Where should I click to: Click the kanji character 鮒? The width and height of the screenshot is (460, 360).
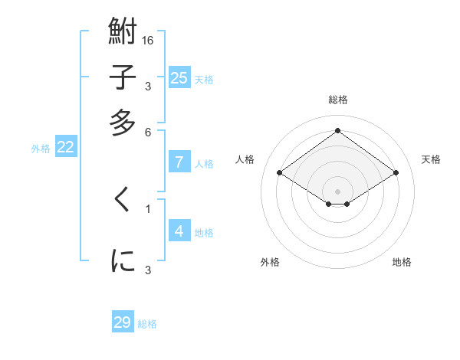(123, 33)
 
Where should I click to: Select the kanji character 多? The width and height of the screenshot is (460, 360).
(123, 123)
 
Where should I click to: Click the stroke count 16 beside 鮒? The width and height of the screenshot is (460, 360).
(149, 40)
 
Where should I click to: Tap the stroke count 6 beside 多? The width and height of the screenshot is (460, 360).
(149, 131)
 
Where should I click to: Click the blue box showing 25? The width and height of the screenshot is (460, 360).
(179, 77)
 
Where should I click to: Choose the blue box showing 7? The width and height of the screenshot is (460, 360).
(179, 162)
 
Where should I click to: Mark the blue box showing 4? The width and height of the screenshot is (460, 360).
(179, 231)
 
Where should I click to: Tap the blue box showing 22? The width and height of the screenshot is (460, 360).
(65, 147)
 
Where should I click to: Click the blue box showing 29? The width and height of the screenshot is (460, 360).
(123, 322)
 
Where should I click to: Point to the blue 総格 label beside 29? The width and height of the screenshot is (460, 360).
(147, 324)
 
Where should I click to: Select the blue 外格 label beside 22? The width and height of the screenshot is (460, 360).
(41, 149)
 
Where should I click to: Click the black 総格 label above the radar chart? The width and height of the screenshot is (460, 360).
(338, 100)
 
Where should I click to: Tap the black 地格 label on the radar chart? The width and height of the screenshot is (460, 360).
(402, 262)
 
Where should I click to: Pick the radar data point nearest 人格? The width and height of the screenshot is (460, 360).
(280, 173)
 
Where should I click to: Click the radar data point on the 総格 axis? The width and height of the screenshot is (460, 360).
(338, 131)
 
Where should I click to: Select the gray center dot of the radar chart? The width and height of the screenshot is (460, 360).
(338, 191)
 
